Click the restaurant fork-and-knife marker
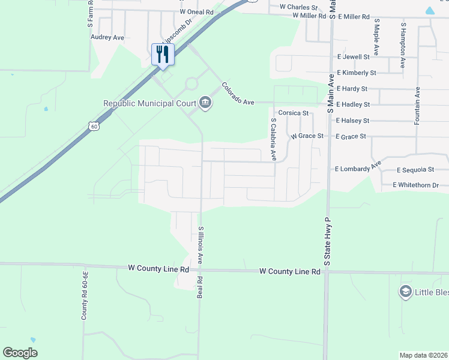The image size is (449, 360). click(162, 55)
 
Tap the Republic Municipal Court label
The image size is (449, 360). click(150, 103)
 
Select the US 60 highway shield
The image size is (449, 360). click(93, 126)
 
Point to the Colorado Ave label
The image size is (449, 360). click(238, 94)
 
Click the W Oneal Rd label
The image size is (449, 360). click(196, 12)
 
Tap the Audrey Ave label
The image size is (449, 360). click(107, 37)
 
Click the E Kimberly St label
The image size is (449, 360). click(357, 73)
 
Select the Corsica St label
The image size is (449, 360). click(293, 113)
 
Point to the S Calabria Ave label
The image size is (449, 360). click(273, 139)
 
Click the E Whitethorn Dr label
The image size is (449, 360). click(420, 185)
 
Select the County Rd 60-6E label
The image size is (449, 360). click(86, 295)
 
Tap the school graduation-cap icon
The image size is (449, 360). click(405, 292)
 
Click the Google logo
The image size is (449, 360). click(20, 353)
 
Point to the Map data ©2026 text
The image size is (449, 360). click(423, 355)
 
